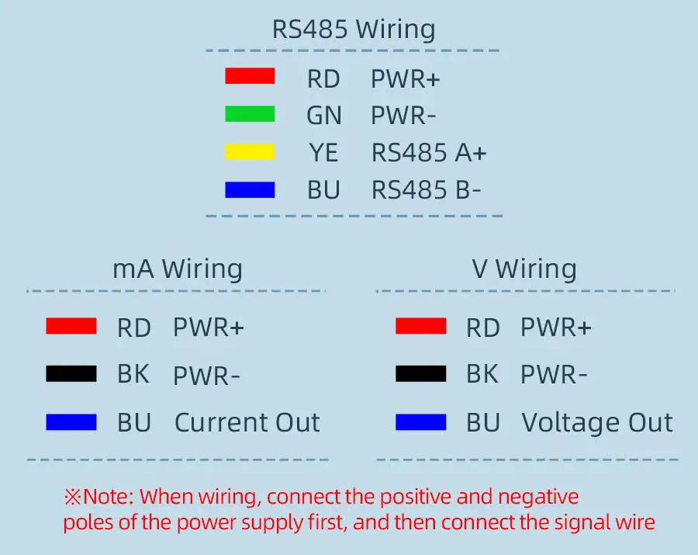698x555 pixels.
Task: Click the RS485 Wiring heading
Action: (353, 29)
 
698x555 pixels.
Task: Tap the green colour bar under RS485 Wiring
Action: (250, 115)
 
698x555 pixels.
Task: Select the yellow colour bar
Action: (250, 152)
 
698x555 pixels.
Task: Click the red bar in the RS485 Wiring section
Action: (250, 77)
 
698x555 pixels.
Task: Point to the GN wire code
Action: (323, 116)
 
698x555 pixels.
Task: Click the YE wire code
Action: (323, 153)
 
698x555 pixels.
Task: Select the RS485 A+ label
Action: (429, 153)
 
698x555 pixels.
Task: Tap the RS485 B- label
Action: (426, 190)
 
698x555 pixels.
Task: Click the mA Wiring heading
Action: (178, 269)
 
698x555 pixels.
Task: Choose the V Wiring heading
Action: (524, 269)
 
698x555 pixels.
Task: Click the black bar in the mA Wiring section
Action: (71, 374)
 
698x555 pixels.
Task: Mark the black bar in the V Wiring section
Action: (420, 374)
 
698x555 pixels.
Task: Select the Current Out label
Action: (247, 422)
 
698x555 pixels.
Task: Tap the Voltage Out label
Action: (596, 422)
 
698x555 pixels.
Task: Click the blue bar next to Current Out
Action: (71, 422)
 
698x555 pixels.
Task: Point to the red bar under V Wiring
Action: (420, 327)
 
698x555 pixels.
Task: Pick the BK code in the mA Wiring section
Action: (133, 374)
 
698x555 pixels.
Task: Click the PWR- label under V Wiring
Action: (554, 376)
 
